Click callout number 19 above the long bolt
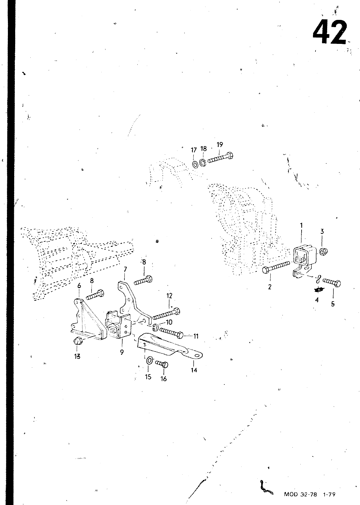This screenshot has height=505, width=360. pyautogui.click(x=220, y=145)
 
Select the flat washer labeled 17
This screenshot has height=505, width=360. pyautogui.click(x=195, y=164)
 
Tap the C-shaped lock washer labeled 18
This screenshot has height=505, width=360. pyautogui.click(x=203, y=163)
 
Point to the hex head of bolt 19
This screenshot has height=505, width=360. pyautogui.click(x=230, y=156)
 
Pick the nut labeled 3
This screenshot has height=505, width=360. pyautogui.click(x=323, y=252)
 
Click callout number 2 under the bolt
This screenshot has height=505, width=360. pyautogui.click(x=270, y=287)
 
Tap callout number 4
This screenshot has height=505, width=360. pyautogui.click(x=317, y=300)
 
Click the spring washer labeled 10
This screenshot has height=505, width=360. pyautogui.click(x=155, y=327)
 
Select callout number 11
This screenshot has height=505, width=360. pyautogui.click(x=196, y=336)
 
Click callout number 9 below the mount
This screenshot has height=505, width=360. pyautogui.click(x=122, y=353)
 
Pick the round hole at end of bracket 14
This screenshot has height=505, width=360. pyautogui.click(x=198, y=356)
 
